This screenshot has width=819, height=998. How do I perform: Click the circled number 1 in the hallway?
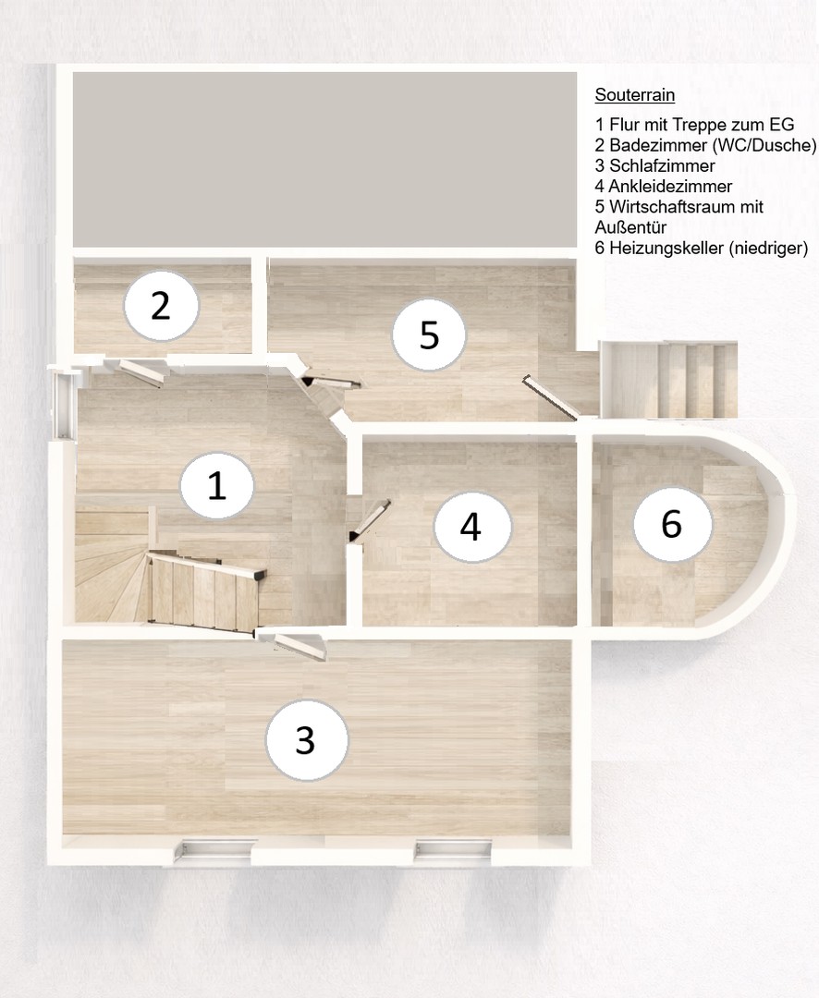pos(217,486)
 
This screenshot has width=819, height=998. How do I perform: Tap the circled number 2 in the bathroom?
pos(161,306)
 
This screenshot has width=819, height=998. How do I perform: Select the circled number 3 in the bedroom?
pos(306,739)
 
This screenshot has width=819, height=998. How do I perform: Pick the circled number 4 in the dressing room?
pos(472,527)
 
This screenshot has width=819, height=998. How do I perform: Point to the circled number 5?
pos(429,335)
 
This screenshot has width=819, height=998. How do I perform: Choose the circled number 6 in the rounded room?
pos(672,525)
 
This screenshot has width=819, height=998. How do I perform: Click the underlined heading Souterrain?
pos(635,95)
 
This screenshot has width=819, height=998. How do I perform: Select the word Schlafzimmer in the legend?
pos(662,165)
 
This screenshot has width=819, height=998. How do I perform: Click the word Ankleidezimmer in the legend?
pos(670,186)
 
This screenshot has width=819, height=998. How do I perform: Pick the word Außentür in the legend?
pos(630,227)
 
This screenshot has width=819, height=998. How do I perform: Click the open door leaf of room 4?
pos(370,520)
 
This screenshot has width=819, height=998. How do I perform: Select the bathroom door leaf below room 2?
pos(141,372)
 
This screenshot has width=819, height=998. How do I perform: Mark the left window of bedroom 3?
pos(215,850)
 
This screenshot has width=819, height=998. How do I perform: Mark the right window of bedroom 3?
pos(454,850)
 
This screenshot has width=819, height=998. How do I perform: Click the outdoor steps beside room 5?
pos(669,380)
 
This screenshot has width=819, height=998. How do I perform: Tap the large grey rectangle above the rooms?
pos(324,159)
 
